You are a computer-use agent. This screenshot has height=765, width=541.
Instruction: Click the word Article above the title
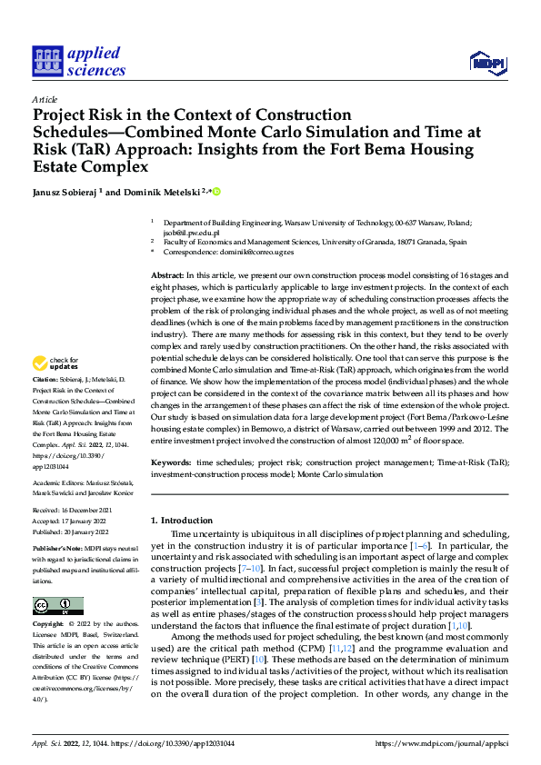coord(45,99)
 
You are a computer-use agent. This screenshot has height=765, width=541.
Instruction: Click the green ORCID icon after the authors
coord(217,192)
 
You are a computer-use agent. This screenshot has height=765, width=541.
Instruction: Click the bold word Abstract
coord(166,273)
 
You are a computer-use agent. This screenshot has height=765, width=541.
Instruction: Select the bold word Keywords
coord(170,463)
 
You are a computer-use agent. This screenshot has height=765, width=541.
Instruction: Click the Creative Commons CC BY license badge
coord(57,606)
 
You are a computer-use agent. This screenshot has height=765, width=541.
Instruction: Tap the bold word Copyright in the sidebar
coord(47,625)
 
